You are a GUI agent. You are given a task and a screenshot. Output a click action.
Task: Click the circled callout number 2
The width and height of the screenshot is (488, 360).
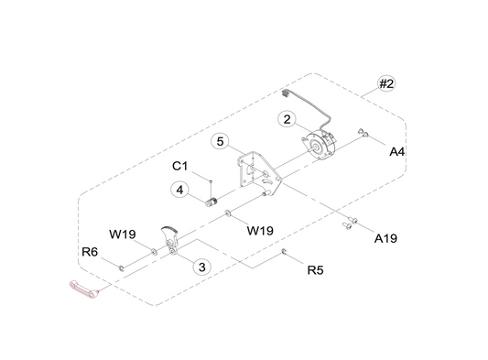[x=287, y=119]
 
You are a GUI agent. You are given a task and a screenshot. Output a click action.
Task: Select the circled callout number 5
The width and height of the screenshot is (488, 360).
[x=220, y=141]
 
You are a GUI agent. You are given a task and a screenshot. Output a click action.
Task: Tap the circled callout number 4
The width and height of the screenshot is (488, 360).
[x=179, y=190]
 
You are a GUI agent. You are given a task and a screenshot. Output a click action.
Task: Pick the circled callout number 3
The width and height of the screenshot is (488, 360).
[x=202, y=267]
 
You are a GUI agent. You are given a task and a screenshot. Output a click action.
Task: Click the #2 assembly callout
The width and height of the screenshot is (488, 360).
[x=386, y=83]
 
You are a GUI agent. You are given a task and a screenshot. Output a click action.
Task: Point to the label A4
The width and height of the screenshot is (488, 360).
[x=397, y=152]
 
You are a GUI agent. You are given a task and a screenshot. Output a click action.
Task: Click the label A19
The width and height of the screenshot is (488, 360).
[x=385, y=238]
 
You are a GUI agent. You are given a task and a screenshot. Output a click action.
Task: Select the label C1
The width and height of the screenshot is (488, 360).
[x=180, y=166]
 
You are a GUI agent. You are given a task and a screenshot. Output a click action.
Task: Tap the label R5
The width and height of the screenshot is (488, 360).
[x=316, y=270]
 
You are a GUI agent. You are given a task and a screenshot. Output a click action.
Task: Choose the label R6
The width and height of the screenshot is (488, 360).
[x=90, y=252]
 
